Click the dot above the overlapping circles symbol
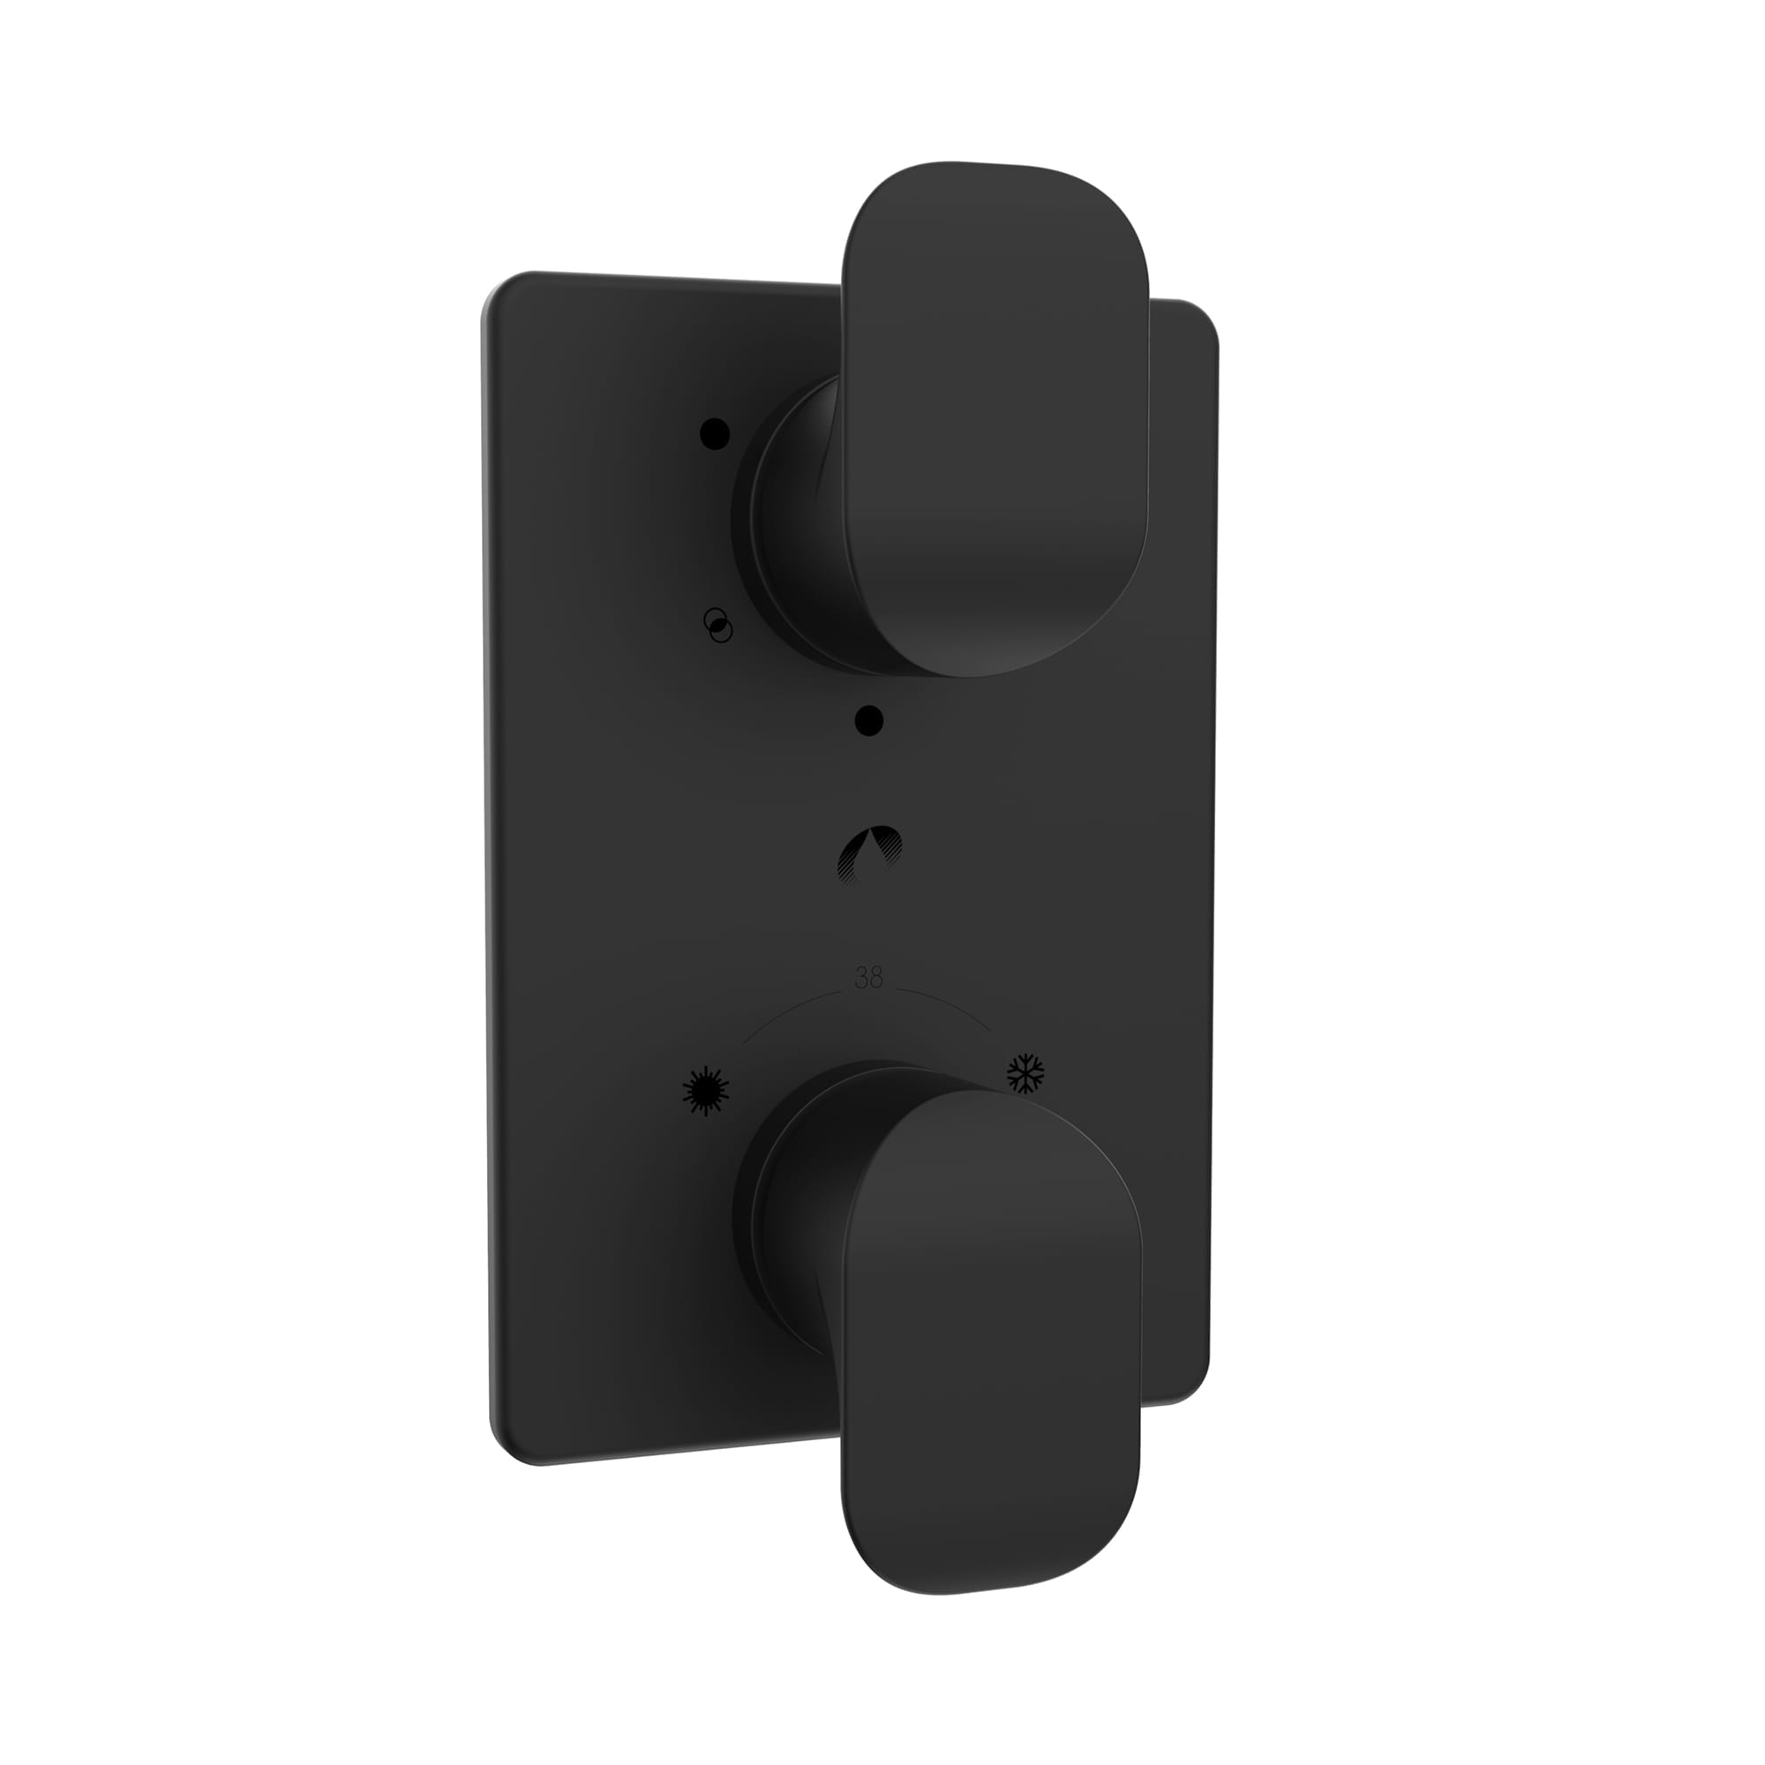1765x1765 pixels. (x=716, y=433)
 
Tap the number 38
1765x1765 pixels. (x=867, y=980)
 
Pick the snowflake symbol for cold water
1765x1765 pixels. (x=1025, y=1073)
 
